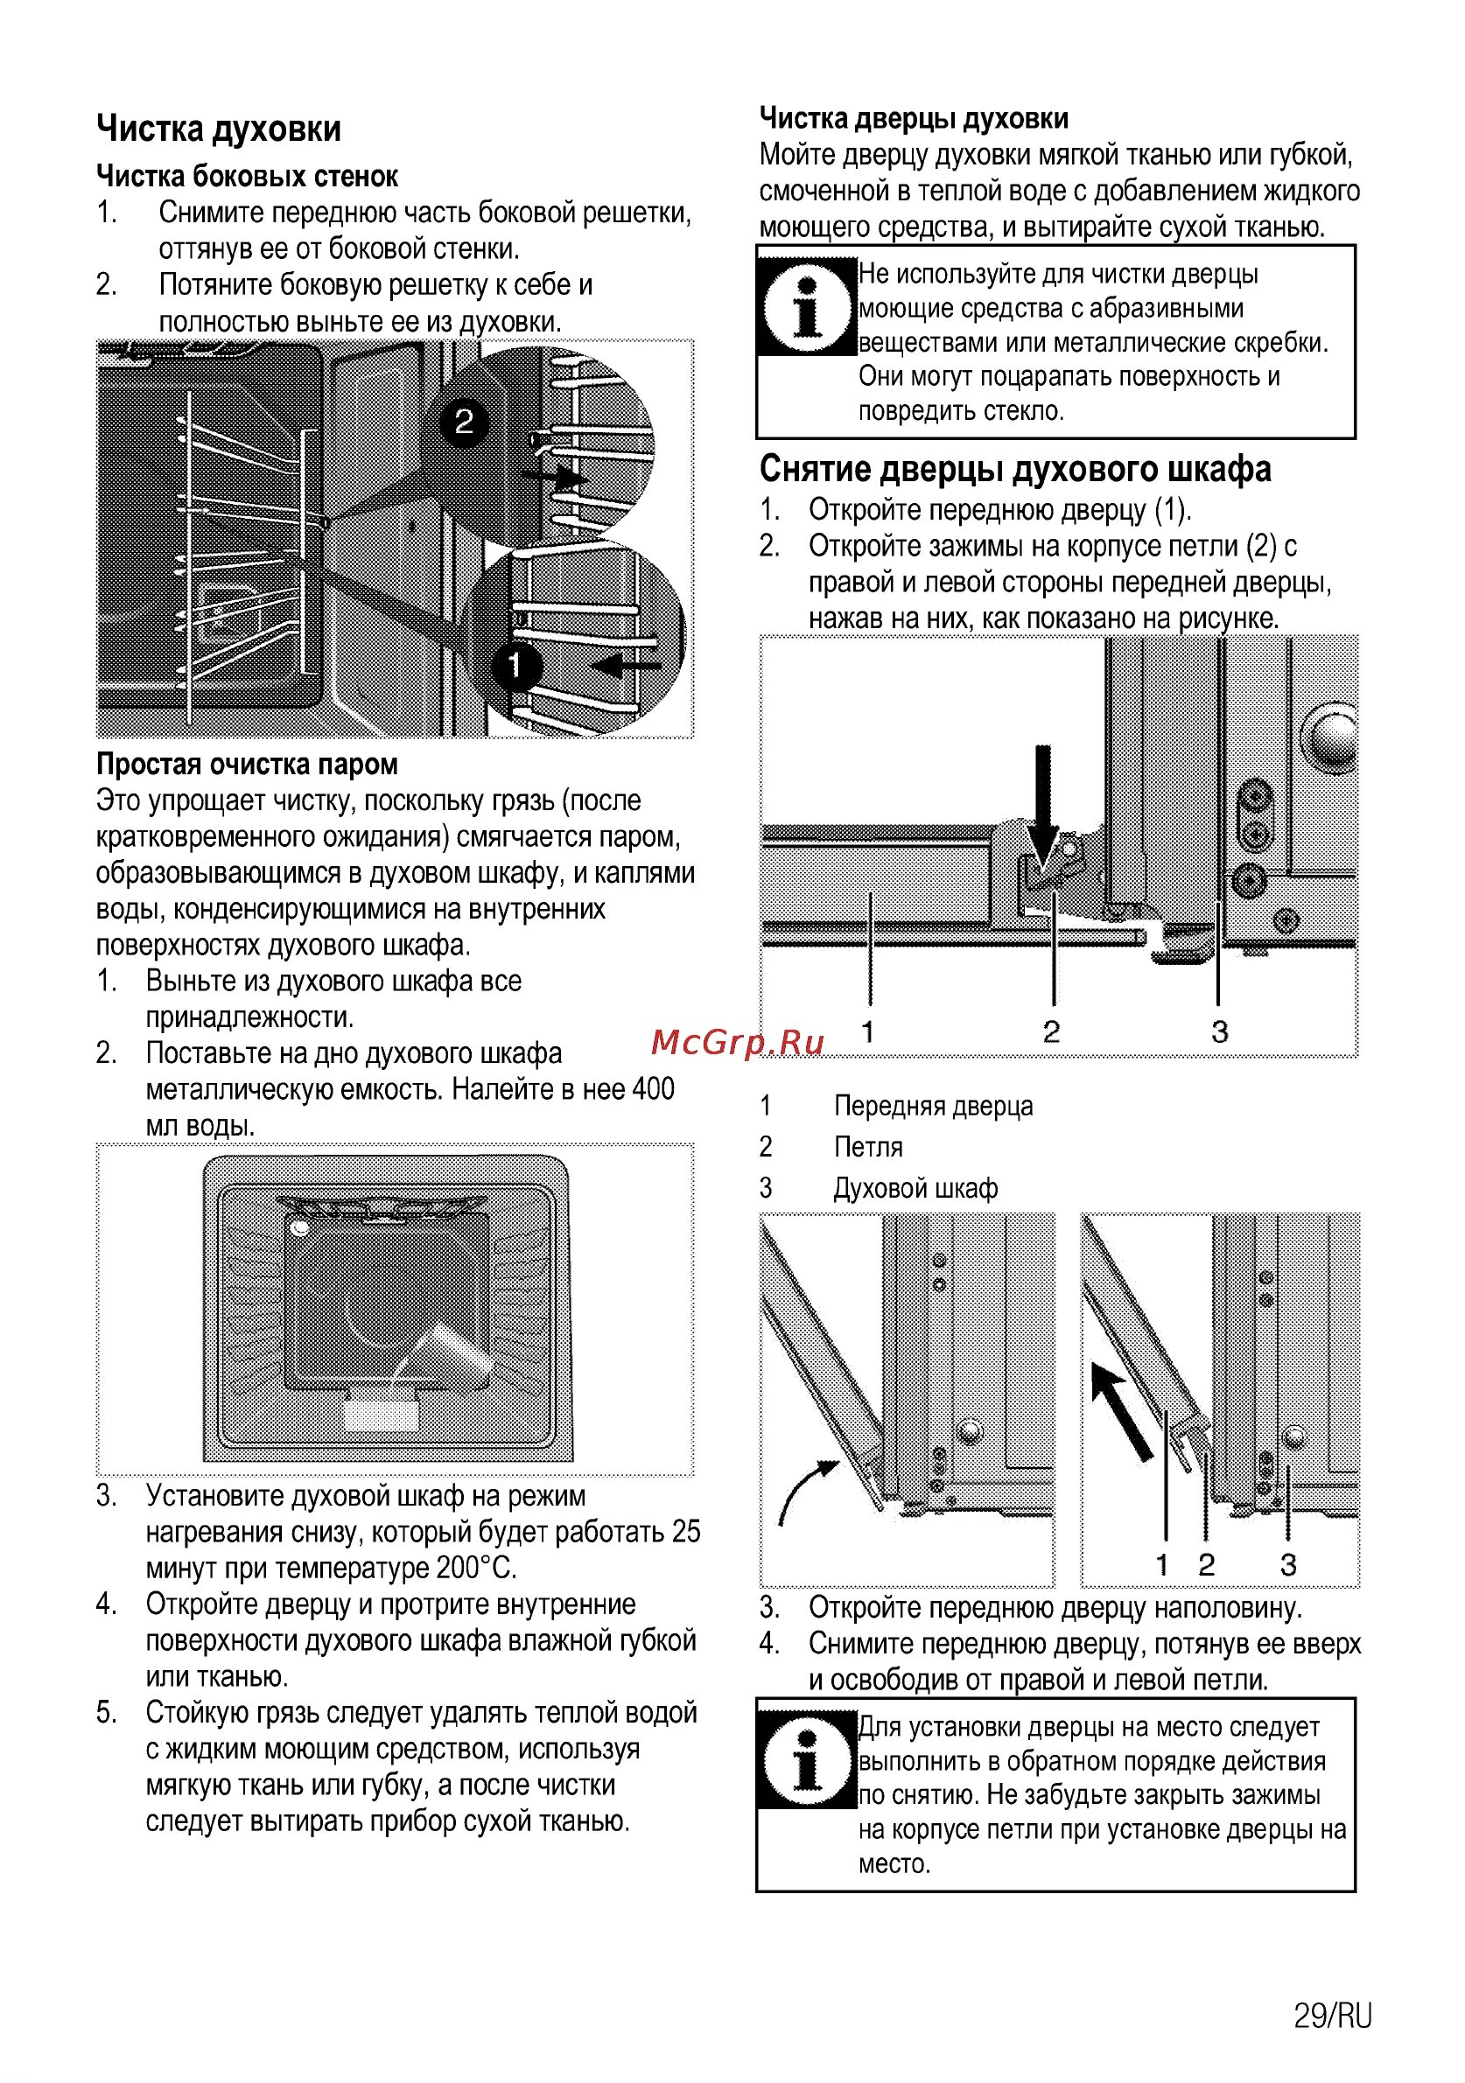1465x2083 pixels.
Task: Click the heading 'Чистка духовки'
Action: pyautogui.click(x=219, y=129)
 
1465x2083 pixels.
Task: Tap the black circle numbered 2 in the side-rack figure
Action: pyautogui.click(x=464, y=422)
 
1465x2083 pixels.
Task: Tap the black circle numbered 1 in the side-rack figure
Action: pyautogui.click(x=515, y=666)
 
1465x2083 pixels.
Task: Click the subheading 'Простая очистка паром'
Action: pyautogui.click(x=247, y=764)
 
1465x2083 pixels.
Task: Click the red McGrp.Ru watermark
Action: pyautogui.click(x=737, y=1044)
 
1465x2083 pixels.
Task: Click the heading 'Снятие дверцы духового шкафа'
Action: pyautogui.click(x=1015, y=470)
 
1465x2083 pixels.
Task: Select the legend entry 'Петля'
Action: pyautogui.click(x=868, y=1147)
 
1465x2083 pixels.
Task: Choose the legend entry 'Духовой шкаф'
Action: pyautogui.click(x=915, y=1187)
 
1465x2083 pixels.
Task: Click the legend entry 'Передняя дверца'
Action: pyautogui.click(x=933, y=1106)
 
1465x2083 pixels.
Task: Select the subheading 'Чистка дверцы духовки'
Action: pyautogui.click(x=913, y=118)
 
